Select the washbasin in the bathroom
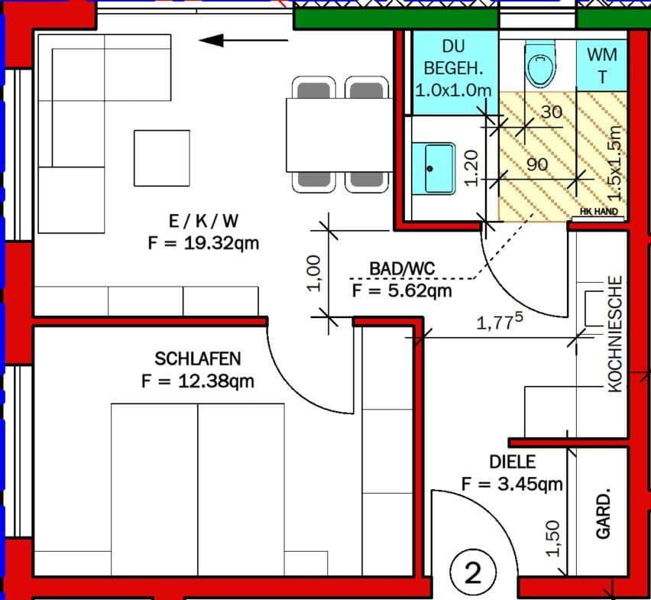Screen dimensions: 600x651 [x=432, y=167]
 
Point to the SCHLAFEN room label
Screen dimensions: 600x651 [x=197, y=358]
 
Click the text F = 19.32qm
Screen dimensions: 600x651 [x=203, y=244]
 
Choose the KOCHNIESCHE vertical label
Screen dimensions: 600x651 [x=615, y=334]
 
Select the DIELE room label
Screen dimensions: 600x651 [x=512, y=462]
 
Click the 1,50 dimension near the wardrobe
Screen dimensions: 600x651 [x=555, y=537]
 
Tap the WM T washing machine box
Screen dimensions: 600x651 [x=602, y=65]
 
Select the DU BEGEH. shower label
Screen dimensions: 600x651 [x=453, y=67]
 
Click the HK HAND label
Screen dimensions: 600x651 [x=599, y=212]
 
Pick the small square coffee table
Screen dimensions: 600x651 [x=161, y=158]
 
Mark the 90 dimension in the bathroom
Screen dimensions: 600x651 [x=537, y=164]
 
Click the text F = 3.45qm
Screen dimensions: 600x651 [x=512, y=484]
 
